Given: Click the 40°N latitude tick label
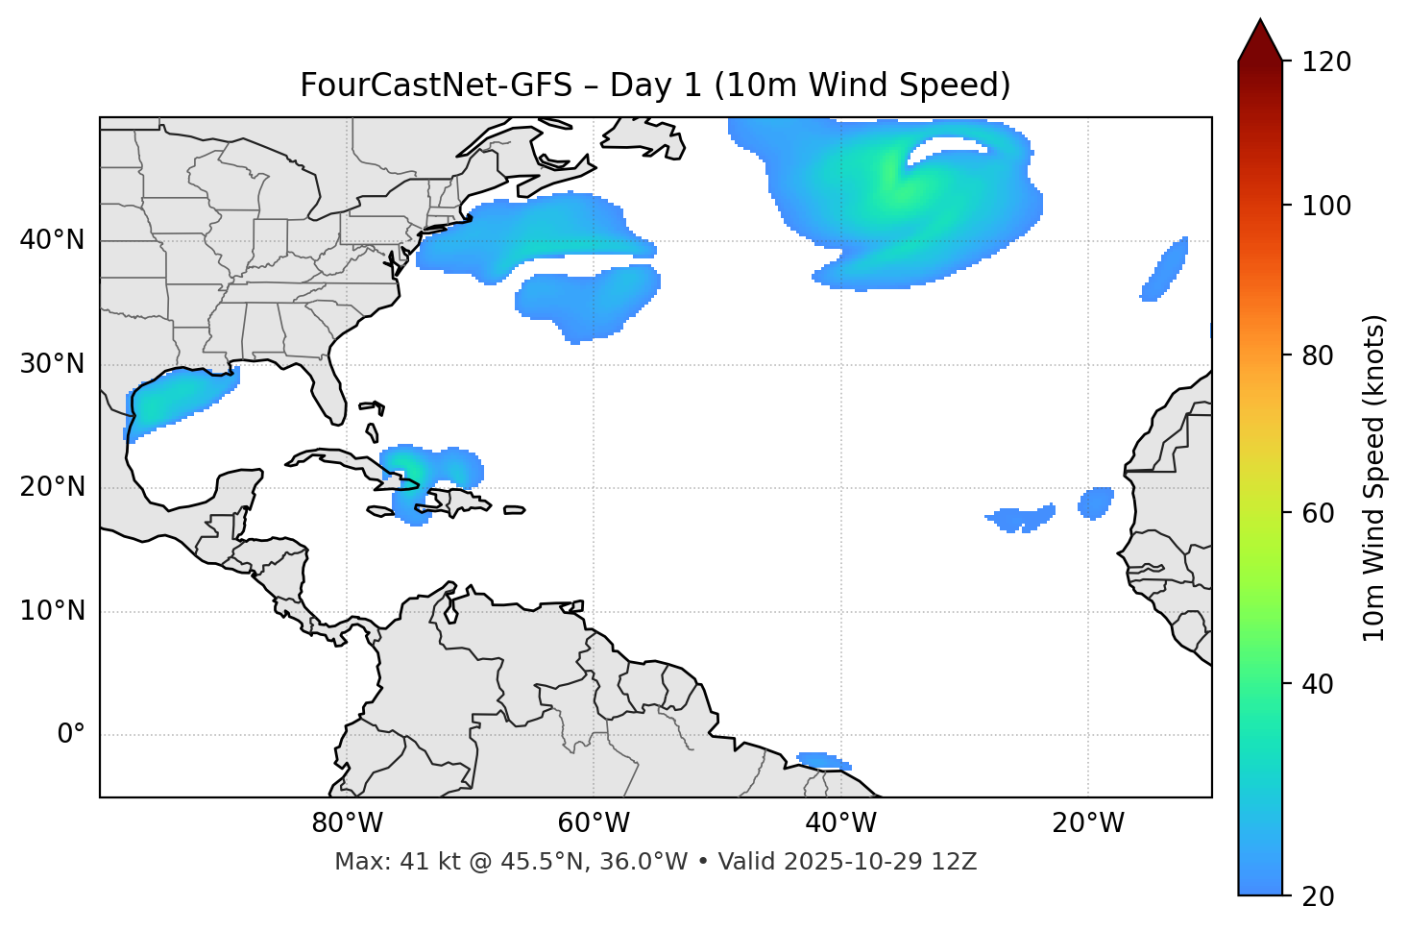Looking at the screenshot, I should coord(52,240).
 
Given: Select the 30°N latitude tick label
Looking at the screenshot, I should coord(52,364).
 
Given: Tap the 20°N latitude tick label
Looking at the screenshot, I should coord(52,487).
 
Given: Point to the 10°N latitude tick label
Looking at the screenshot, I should coord(52,611).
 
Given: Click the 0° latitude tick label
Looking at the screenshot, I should coord(71,735).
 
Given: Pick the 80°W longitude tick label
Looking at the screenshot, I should coord(347,823).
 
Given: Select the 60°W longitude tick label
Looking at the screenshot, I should coord(594,823).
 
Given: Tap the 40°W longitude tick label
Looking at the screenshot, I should coord(840,823).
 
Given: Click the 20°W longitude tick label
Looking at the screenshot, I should coord(1087,823).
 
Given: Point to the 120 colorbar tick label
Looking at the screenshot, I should coord(1325,61).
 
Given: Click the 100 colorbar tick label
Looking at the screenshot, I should coord(1325,206).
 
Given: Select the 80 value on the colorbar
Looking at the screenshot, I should coord(1319,355).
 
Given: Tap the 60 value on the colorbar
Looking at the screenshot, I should coord(1319,513).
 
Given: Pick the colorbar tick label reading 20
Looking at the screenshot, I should coord(1319,895).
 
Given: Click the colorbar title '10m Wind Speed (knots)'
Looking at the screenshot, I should coord(1374,478).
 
